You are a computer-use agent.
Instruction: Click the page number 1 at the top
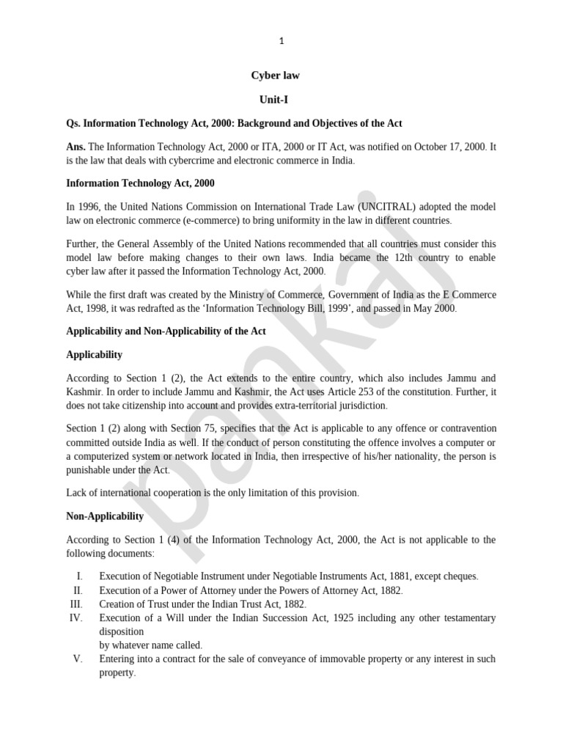[281, 41]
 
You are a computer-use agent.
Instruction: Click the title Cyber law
[276, 76]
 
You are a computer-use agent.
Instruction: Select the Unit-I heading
[276, 99]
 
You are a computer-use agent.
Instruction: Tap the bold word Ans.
[76, 147]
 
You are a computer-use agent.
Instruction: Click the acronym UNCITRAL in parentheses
[390, 207]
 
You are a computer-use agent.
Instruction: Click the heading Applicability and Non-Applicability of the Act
[166, 331]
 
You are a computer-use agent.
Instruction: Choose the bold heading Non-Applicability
[105, 516]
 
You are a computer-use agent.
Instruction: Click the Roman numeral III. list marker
[77, 604]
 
